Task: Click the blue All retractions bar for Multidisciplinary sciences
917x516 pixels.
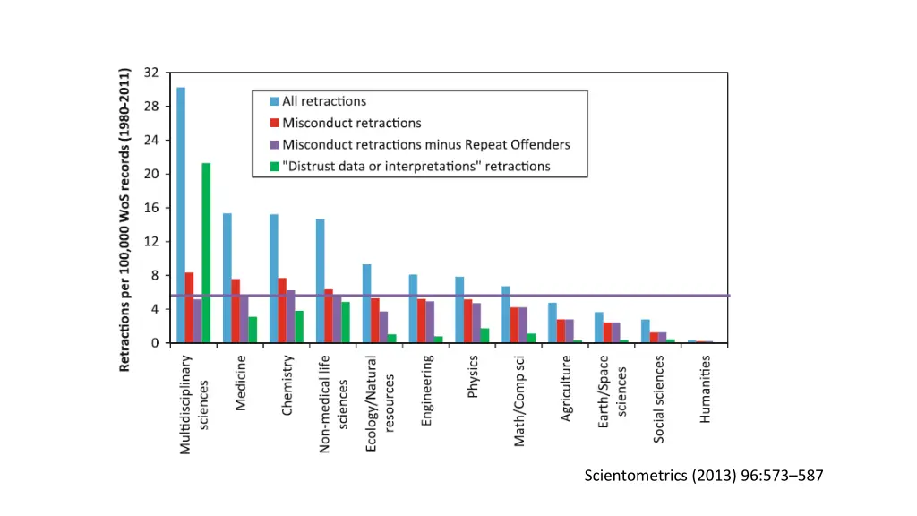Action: pyautogui.click(x=181, y=215)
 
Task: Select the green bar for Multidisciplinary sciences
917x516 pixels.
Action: pyautogui.click(x=206, y=253)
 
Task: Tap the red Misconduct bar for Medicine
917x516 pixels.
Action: pyautogui.click(x=236, y=311)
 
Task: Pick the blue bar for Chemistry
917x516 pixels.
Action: pyautogui.click(x=274, y=279)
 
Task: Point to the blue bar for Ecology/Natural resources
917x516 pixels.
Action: pyautogui.click(x=366, y=304)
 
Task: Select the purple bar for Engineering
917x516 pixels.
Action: pyautogui.click(x=430, y=322)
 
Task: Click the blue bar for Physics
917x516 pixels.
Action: pyautogui.click(x=459, y=310)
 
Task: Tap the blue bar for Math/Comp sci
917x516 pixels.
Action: pyautogui.click(x=506, y=314)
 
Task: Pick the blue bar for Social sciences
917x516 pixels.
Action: pyautogui.click(x=645, y=331)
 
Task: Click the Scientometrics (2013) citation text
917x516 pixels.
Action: pyautogui.click(x=703, y=476)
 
